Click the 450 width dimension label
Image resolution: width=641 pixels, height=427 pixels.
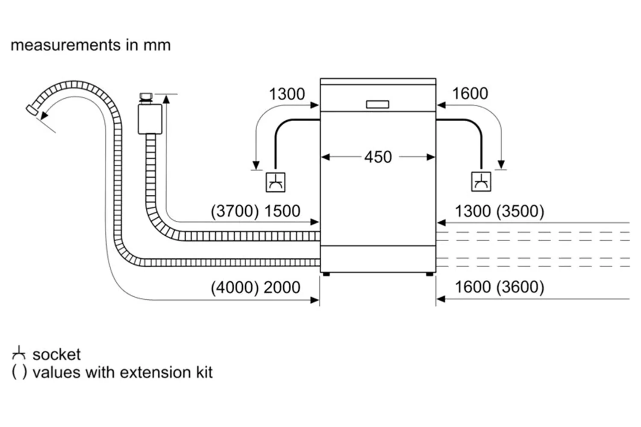378,157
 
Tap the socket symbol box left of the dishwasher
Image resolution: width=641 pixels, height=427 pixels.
275,182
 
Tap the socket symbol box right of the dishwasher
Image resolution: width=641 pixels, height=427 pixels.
481,181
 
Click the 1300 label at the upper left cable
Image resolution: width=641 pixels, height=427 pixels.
287,94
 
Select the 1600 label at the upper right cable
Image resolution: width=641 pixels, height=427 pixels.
470,94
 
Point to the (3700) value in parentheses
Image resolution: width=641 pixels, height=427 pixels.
235,211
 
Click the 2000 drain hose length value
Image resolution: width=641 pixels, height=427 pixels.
282,287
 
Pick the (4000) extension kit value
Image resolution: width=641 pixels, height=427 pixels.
235,288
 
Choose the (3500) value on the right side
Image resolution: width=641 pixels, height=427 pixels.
520,212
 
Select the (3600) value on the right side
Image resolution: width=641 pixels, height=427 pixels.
520,287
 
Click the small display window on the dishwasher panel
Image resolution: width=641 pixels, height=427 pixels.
377,104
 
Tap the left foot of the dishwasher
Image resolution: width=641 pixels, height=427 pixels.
326,274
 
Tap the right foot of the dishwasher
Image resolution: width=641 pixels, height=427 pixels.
429,274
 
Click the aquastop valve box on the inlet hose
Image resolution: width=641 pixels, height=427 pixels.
150,119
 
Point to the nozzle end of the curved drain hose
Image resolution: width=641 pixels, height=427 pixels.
32,110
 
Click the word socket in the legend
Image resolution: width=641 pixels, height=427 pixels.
56,355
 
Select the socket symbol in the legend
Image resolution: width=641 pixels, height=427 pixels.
19,353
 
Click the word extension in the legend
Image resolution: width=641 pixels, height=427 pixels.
156,373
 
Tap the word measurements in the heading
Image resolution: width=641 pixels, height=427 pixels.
65,45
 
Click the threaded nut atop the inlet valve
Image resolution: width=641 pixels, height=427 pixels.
146,97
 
